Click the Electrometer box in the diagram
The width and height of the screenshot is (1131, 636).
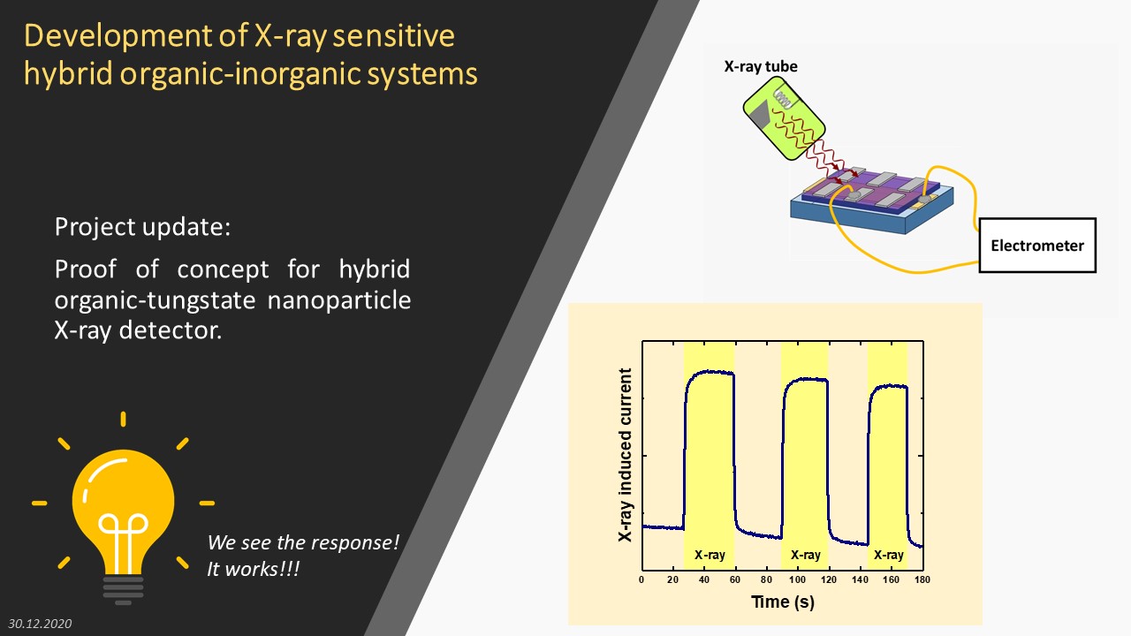1037,246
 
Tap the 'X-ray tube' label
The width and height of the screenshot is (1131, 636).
761,66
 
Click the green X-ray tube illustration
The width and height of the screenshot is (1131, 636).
784,118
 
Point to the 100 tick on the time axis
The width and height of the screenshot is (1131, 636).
797,579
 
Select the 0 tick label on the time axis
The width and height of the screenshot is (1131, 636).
641,579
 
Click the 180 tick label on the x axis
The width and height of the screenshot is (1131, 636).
922,579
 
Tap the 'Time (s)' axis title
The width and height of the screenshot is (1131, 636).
783,602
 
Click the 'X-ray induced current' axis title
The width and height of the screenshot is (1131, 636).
625,455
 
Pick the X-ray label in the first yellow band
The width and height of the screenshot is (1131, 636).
710,556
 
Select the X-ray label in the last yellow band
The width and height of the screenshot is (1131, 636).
889,556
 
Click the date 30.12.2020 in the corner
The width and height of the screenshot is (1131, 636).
40,624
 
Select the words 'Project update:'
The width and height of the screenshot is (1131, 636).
142,227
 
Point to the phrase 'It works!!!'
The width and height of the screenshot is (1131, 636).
254,570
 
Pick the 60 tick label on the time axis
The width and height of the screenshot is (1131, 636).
734,579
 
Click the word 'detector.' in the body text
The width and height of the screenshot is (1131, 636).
171,331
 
